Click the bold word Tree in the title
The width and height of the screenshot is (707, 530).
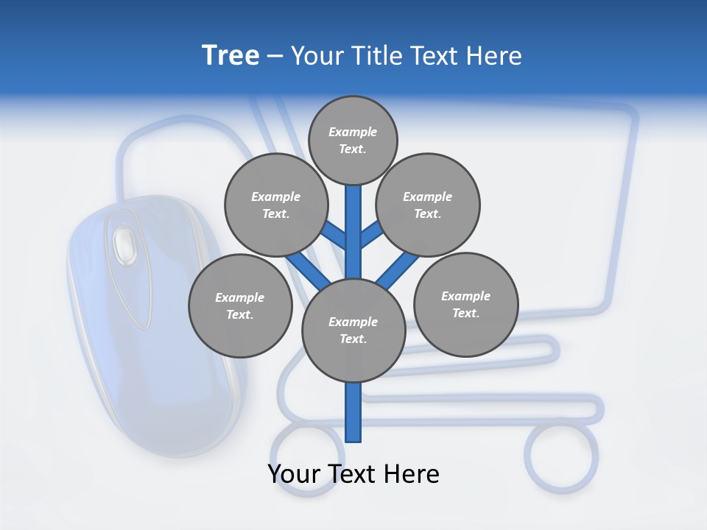pos(231,56)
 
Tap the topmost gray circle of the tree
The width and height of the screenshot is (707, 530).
pos(353,140)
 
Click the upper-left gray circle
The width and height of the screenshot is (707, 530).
pos(276,205)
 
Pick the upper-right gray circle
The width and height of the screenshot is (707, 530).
pos(428,205)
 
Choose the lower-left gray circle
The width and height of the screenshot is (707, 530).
pos(240,305)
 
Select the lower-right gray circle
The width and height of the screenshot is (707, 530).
pos(465,304)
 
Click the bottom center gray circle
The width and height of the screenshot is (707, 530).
pos(353,330)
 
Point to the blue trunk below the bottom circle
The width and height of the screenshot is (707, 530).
pos(353,412)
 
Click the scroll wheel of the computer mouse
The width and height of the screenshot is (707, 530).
pos(124,244)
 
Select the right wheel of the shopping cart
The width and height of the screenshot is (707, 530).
pos(561,456)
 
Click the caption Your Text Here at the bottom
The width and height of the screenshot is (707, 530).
pos(353,474)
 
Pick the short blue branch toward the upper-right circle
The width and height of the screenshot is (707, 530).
pos(371,235)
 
